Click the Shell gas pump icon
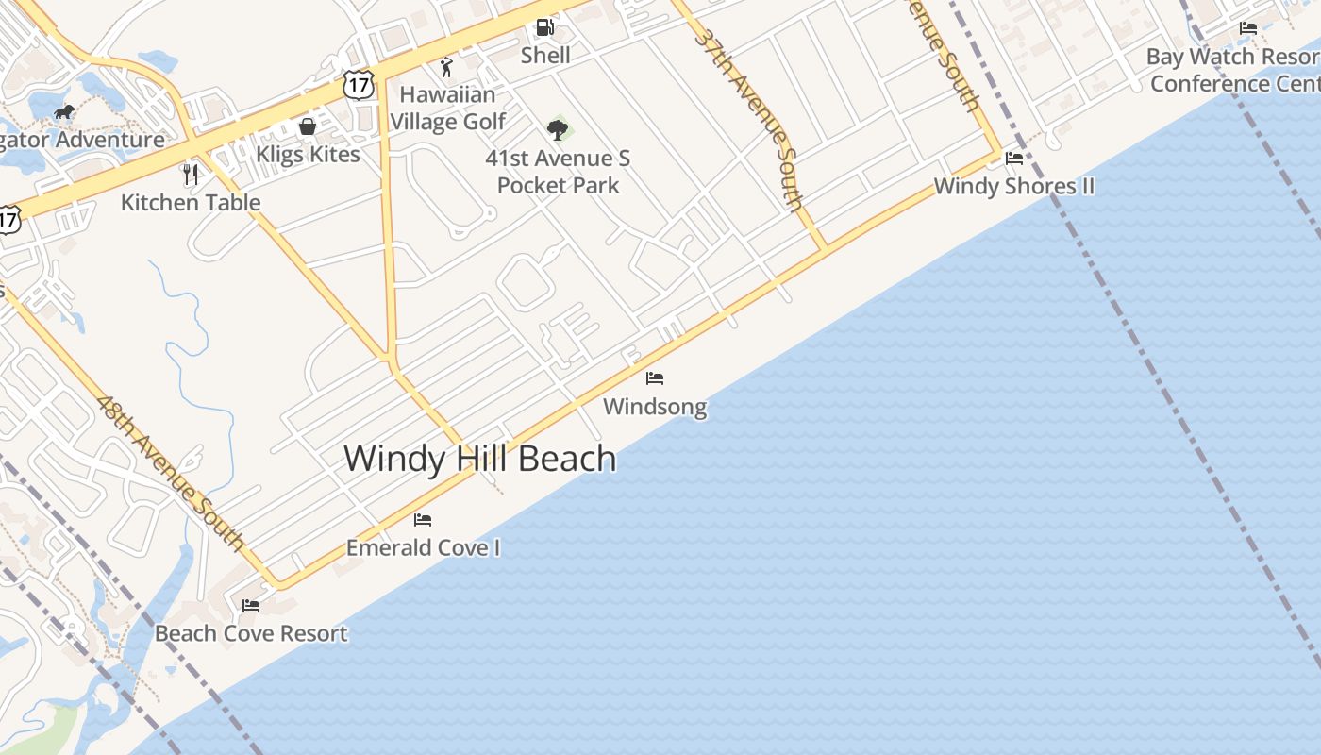(x=544, y=27)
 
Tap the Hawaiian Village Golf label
(x=448, y=108)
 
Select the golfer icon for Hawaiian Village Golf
(x=447, y=67)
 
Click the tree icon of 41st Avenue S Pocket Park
(x=558, y=129)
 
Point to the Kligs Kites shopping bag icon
(x=307, y=126)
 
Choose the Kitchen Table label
(x=191, y=202)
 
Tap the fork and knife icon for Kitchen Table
(x=191, y=174)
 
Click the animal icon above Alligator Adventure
(x=63, y=112)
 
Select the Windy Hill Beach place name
(x=479, y=459)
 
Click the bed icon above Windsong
(x=655, y=378)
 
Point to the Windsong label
(x=655, y=407)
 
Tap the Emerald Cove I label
(x=423, y=547)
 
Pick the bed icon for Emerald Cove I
(x=423, y=519)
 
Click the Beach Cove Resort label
(x=251, y=633)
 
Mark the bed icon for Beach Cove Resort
(x=251, y=605)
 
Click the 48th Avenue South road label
(x=171, y=472)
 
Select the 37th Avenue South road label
(x=751, y=118)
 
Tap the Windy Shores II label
(x=1014, y=186)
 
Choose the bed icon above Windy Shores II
(x=1014, y=158)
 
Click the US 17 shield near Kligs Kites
(x=360, y=84)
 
